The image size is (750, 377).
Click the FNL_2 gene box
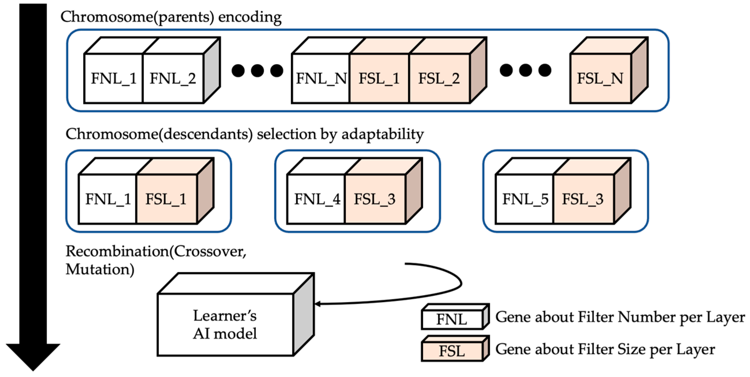coord(173,78)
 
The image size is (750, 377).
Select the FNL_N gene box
coord(321,78)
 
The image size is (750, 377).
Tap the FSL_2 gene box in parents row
coord(439,78)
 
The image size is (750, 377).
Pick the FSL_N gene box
coord(600,78)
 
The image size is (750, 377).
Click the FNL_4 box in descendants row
coord(316,199)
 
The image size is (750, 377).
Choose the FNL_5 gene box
coord(525,199)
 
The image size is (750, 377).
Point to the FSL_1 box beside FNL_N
coord(379,78)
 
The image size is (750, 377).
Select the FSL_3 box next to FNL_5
coord(584,199)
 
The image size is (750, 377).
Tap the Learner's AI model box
coord(225,324)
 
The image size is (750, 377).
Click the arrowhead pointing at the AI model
coord(318,304)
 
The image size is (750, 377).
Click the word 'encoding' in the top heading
coord(250,17)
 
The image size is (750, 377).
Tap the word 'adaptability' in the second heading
coord(383,135)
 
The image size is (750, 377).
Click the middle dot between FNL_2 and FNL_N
coord(257,70)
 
